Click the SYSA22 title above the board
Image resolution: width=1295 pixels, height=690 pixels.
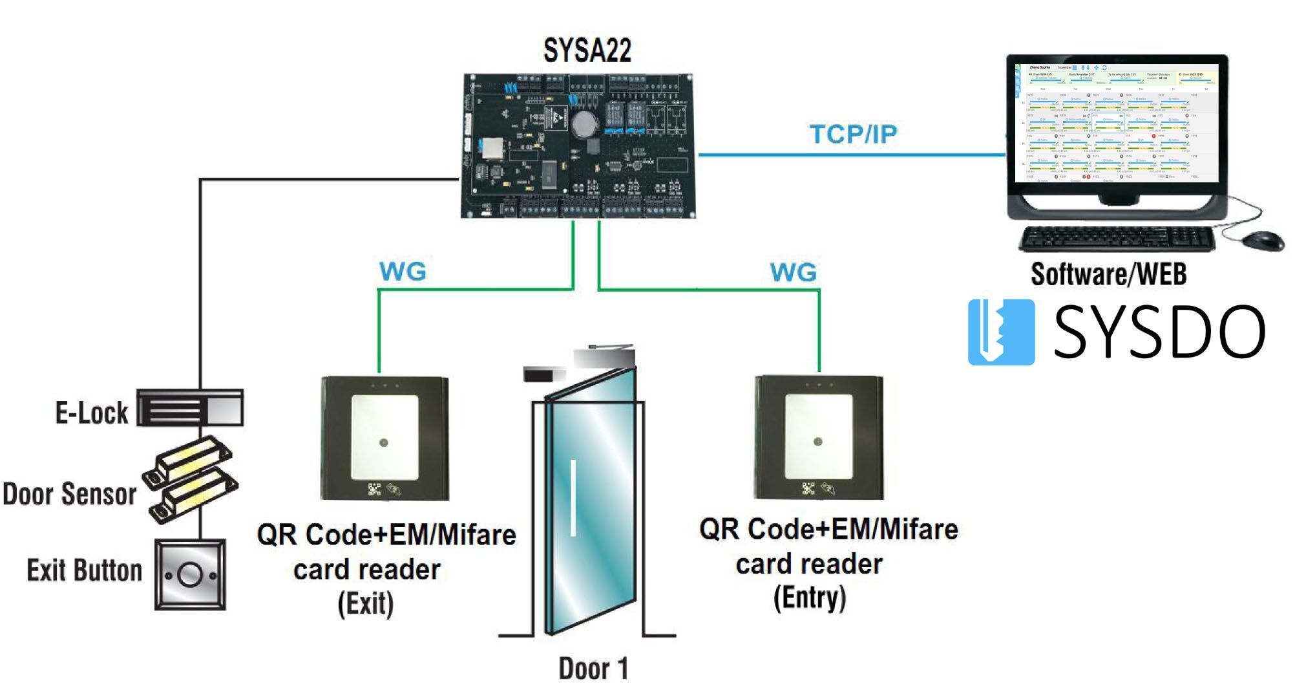click(587, 50)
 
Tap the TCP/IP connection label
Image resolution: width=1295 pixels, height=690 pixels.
click(853, 135)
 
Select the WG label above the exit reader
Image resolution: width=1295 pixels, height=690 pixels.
click(403, 272)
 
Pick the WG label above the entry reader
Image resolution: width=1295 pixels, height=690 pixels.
click(794, 272)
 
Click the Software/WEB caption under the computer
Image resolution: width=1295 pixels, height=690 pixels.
click(1108, 274)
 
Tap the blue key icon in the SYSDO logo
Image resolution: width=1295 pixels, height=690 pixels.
click(1000, 332)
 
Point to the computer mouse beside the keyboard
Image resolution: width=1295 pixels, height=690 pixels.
click(1263, 239)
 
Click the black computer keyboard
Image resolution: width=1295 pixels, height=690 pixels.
click(1117, 239)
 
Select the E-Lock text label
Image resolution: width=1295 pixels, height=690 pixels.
click(92, 413)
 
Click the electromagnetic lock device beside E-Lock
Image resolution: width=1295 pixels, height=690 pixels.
click(190, 408)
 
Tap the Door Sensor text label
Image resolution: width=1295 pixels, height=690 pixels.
click(69, 494)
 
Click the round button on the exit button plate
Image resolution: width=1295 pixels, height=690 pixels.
click(190, 574)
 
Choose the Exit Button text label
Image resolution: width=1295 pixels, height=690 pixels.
click(84, 570)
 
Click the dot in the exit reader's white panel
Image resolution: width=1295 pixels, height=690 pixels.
click(384, 443)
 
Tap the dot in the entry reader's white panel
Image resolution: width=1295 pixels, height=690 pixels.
click(817, 442)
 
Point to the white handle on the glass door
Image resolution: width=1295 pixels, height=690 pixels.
click(573, 497)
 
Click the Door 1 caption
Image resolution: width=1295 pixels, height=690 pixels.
click(593, 669)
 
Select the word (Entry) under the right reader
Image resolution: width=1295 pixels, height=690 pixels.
click(810, 598)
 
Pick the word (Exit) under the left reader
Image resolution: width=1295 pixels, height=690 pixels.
click(366, 604)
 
